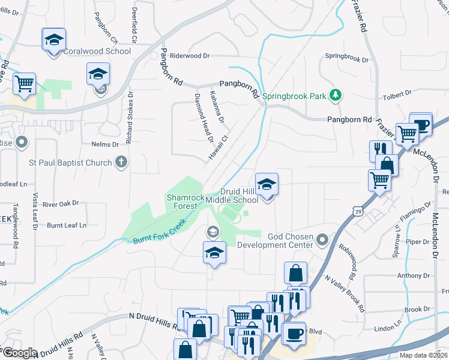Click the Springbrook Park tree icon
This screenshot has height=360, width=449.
[x=336, y=94]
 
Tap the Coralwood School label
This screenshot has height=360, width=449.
[x=97, y=51]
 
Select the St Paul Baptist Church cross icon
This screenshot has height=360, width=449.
[x=121, y=162]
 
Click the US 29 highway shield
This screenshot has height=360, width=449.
[x=358, y=212]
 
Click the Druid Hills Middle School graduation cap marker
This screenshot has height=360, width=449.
[x=267, y=184]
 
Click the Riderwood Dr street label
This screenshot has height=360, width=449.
[x=190, y=56]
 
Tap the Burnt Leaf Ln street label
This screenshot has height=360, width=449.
[x=67, y=226]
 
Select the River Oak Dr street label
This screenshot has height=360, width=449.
[x=61, y=203]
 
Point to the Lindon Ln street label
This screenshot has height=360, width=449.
[x=387, y=329]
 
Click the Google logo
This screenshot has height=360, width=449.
[x=20, y=353]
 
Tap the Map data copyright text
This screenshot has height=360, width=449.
[x=424, y=355]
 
